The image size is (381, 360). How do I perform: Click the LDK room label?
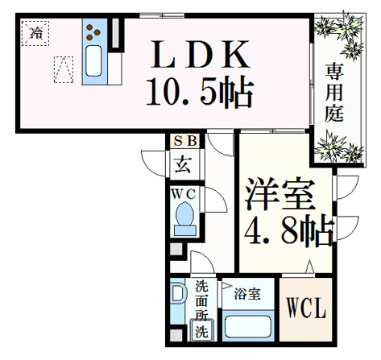pyautogui.click(x=201, y=55)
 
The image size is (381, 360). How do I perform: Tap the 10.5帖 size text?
pyautogui.click(x=200, y=92)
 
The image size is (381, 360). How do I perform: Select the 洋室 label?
pyautogui.click(x=280, y=194)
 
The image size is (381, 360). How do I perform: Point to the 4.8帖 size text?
pyautogui.click(x=289, y=230)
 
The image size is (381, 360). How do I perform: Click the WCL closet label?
pyautogui.click(x=306, y=308)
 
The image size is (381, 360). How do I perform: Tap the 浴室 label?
pyautogui.click(x=247, y=294)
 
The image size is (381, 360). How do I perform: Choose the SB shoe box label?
pyautogui.click(x=185, y=141)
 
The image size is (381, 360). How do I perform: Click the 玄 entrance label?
pyautogui.click(x=184, y=164)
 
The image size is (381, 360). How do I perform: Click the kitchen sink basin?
pyautogui.click(x=93, y=61)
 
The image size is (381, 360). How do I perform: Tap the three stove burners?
pyautogui.click(x=93, y=32)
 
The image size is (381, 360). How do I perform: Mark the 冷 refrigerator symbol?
pyautogui.click(x=35, y=33)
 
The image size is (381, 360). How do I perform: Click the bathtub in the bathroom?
pyautogui.click(x=248, y=326)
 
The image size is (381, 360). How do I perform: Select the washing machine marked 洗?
pyautogui.click(x=202, y=330)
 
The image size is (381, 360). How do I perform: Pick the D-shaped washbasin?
pyautogui.click(x=178, y=294)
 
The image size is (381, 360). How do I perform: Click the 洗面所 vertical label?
pyautogui.click(x=202, y=300)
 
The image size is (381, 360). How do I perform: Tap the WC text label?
pyautogui.click(x=184, y=194)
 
